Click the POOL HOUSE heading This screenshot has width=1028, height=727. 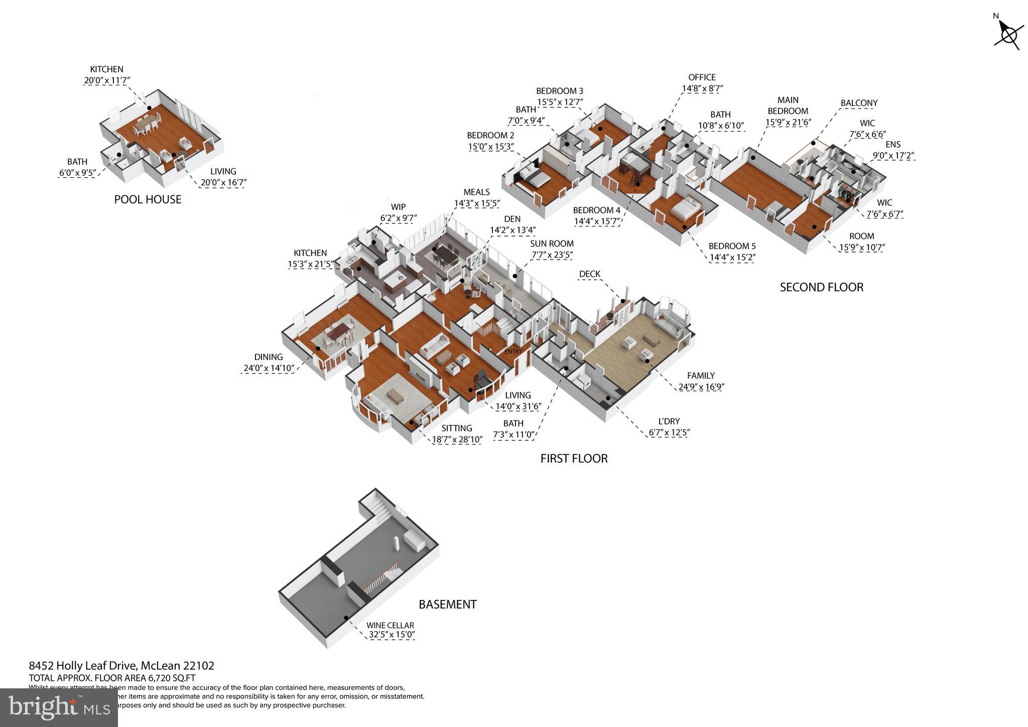[x=148, y=199]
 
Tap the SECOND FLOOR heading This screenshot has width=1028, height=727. [x=821, y=287]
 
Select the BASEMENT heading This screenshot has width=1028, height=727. [x=447, y=604]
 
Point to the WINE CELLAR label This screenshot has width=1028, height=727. [x=390, y=625]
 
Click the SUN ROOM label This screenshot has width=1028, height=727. [x=552, y=244]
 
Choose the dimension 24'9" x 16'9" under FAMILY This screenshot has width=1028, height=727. [x=701, y=387]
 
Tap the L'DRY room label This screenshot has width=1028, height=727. [x=669, y=421]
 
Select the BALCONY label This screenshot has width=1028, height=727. [x=859, y=103]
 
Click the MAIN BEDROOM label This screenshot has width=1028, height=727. [x=788, y=105]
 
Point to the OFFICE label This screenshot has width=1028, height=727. [x=702, y=77]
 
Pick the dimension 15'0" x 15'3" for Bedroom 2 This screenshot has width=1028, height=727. [x=490, y=147]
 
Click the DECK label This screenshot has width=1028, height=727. [x=589, y=274]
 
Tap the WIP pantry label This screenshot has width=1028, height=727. [x=398, y=207]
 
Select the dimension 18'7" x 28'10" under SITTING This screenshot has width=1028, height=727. [x=457, y=440]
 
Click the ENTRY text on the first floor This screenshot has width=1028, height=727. [x=513, y=351]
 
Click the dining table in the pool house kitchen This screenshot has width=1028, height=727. [x=146, y=124]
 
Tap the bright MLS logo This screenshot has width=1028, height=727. [x=59, y=707]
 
